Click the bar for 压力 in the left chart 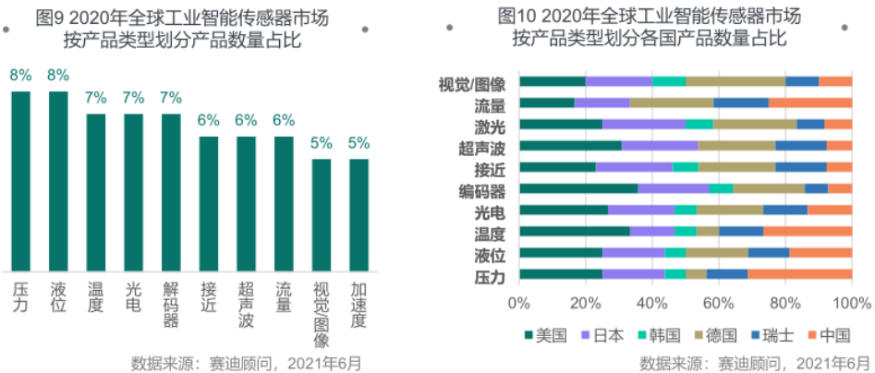click(x=20, y=180)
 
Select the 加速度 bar click(x=359, y=214)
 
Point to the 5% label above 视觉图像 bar click(x=321, y=143)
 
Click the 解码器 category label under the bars click(x=171, y=306)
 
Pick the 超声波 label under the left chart click(x=246, y=306)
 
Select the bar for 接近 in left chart click(x=209, y=203)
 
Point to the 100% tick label click(x=852, y=303)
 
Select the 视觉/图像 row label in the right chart click(x=470, y=82)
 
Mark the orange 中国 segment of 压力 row click(x=799, y=274)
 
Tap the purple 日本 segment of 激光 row click(x=644, y=124)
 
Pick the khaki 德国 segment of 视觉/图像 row click(x=735, y=81)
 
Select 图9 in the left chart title click(x=48, y=16)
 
